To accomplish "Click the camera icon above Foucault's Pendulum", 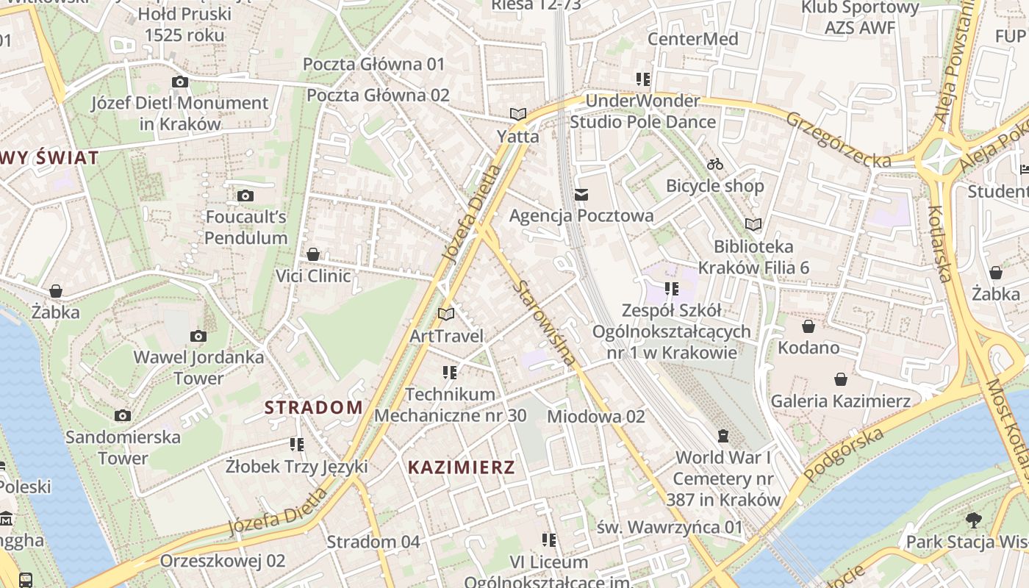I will click(245, 196).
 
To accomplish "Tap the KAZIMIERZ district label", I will click(461, 467).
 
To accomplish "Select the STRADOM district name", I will click(314, 407).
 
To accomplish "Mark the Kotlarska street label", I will click(941, 243).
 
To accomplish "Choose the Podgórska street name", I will click(843, 455).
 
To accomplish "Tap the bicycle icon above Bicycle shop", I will click(715, 164).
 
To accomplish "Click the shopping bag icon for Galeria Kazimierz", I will click(841, 379).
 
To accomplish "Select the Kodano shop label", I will click(808, 347).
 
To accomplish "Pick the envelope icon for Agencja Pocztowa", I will click(581, 194).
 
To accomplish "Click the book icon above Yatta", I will click(518, 114).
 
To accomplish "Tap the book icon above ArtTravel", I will click(446, 314).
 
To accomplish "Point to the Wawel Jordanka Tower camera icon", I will click(198, 336).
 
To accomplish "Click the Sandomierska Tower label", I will click(123, 447).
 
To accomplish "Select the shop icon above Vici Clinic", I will click(313, 254).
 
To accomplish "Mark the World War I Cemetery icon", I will click(723, 436).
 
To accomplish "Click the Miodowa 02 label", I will click(596, 417).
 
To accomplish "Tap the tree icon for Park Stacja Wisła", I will click(974, 520).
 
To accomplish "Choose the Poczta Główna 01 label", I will click(374, 64).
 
